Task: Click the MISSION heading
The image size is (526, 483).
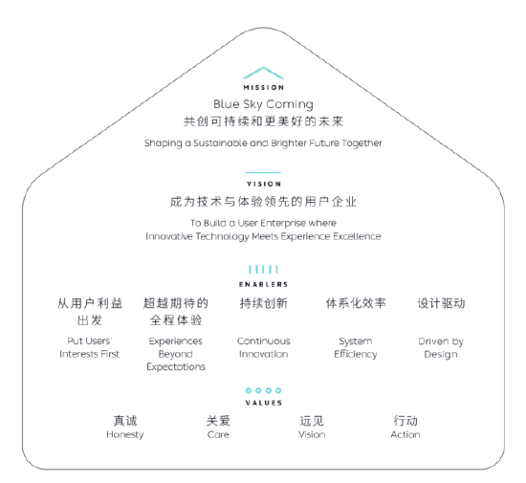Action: [264, 88]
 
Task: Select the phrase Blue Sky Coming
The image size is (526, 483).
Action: [263, 104]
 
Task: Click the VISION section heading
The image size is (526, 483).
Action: [264, 185]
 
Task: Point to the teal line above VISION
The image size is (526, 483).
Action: [263, 172]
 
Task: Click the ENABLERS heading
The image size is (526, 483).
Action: [263, 284]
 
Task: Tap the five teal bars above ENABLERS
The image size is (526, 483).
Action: [263, 270]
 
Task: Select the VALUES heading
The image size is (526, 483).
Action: [264, 403]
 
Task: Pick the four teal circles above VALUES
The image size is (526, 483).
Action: [263, 390]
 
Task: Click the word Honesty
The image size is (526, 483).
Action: [125, 434]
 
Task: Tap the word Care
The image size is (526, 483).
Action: [218, 434]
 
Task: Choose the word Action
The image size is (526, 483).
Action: [405, 434]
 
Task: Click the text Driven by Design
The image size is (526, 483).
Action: [441, 348]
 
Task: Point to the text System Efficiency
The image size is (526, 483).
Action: [356, 348]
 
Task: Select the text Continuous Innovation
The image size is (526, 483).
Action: [264, 347]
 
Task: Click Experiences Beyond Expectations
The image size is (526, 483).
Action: [176, 354]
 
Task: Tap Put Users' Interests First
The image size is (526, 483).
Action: [90, 347]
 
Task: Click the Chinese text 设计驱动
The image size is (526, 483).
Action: [441, 303]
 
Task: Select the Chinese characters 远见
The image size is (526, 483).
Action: [312, 421]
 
